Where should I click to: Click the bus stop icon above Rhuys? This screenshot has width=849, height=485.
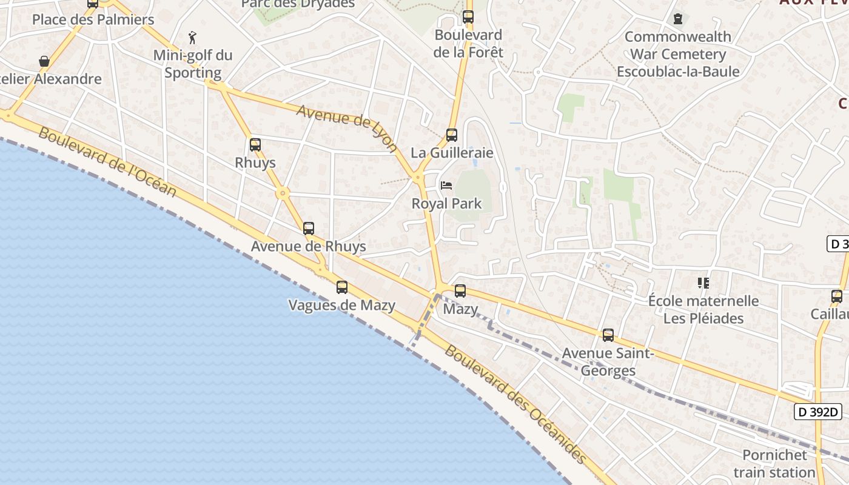tap(255, 145)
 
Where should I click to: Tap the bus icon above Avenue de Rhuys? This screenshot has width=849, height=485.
tap(309, 229)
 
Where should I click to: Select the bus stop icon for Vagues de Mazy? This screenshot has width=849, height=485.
tap(342, 287)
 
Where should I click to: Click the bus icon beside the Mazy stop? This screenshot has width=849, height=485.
tap(460, 291)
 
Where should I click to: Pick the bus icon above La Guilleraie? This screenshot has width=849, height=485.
tap(451, 135)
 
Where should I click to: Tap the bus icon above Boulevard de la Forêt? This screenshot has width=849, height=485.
tap(468, 17)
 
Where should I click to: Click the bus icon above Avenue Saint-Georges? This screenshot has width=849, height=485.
tap(608, 335)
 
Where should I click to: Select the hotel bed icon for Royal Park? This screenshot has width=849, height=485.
tap(446, 185)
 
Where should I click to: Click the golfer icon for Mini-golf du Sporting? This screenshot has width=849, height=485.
tap(193, 38)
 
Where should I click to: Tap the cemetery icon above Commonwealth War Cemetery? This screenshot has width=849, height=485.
tap(677, 19)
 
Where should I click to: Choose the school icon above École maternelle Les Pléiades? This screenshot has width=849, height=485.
tap(703, 283)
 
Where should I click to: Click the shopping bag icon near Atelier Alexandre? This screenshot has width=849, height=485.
tap(44, 61)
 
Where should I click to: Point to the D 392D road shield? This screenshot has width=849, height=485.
tap(818, 412)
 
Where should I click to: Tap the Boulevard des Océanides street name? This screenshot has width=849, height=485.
tap(516, 405)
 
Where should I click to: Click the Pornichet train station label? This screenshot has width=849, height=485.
tap(774, 464)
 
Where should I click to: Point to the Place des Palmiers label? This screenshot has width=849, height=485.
tap(93, 19)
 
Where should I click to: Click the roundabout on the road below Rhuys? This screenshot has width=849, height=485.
tap(283, 193)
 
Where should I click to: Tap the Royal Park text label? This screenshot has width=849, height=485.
tap(446, 204)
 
